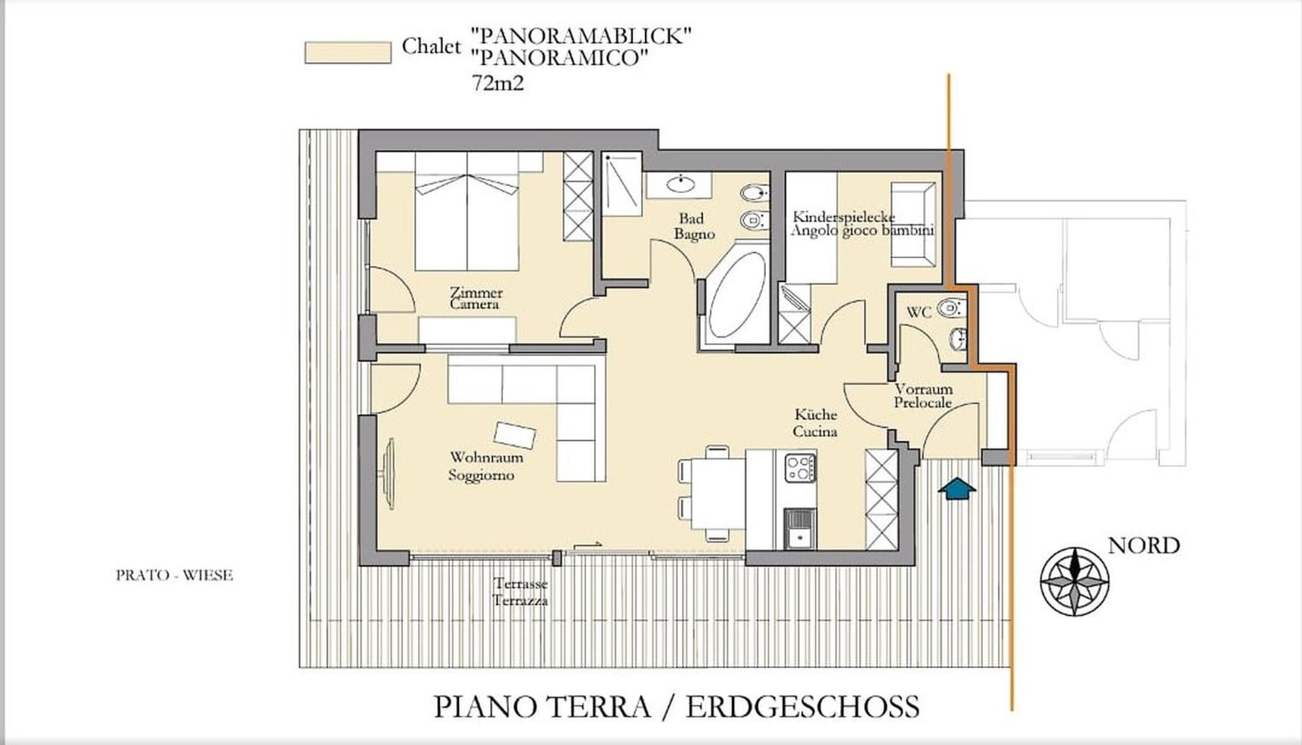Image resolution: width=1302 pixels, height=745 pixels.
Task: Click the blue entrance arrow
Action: tap(957, 488)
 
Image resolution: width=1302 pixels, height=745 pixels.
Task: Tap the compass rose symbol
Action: tap(1075, 582)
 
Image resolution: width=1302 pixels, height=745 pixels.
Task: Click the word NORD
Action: tap(1143, 545)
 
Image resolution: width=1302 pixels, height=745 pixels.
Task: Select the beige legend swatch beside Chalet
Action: tap(348, 52)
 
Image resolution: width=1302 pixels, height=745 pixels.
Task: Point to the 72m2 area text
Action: tap(498, 83)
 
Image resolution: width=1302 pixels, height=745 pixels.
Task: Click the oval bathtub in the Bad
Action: tap(737, 294)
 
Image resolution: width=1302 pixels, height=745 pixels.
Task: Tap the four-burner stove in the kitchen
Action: tap(800, 468)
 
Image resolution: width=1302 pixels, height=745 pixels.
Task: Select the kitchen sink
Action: tap(800, 529)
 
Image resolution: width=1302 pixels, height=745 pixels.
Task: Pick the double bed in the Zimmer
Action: tap(467, 211)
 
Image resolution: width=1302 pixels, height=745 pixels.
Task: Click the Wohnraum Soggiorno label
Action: tap(486, 467)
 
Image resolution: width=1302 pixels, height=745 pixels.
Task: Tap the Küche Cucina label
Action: tap(815, 423)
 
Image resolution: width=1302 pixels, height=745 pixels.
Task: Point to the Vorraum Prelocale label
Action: tap(923, 395)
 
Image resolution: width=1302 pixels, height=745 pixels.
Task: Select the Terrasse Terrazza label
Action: tap(520, 592)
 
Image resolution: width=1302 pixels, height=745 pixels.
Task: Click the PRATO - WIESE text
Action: tap(174, 576)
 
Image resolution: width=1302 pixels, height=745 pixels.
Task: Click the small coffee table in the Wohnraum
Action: tap(515, 435)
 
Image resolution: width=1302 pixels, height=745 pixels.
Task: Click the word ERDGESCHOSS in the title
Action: tap(802, 707)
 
